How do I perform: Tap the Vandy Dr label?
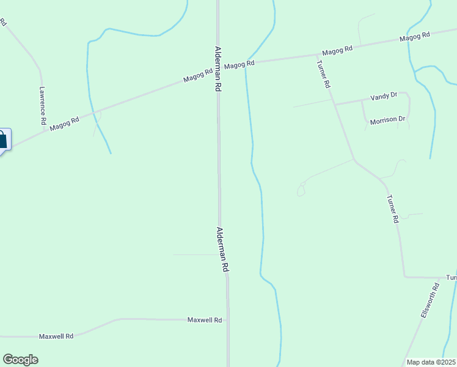[x=384, y=96]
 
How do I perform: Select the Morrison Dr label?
[x=388, y=120]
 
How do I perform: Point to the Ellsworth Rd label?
[x=430, y=299]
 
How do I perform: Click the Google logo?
[x=20, y=360]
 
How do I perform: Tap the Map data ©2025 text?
[x=431, y=362]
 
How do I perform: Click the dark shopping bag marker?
[x=3, y=140]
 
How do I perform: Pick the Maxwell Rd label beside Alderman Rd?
[x=205, y=320]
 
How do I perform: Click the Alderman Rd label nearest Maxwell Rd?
[x=222, y=250]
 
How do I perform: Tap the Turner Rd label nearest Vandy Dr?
[x=324, y=75]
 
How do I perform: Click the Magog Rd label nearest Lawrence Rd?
[x=65, y=123]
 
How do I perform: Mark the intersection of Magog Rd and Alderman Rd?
[x=218, y=67]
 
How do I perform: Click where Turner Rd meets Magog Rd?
[x=316, y=54]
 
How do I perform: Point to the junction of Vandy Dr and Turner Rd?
[x=335, y=104]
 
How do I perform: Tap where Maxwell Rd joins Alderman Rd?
[x=227, y=320]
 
